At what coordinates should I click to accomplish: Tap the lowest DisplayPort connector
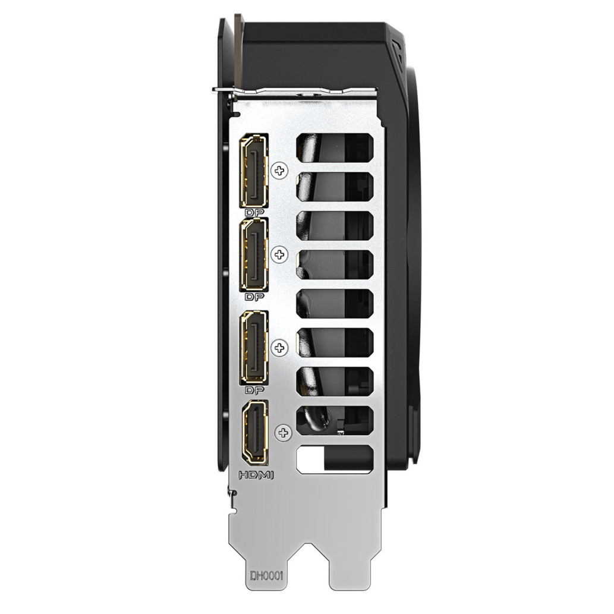click(255, 347)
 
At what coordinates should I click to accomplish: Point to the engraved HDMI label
click(256, 476)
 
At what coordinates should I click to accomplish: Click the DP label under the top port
click(254, 213)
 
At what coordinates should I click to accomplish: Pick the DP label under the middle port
click(254, 297)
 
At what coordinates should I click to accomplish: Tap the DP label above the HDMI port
click(254, 390)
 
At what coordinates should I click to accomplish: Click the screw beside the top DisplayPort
click(279, 171)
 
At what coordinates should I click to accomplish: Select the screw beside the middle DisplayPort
click(279, 254)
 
